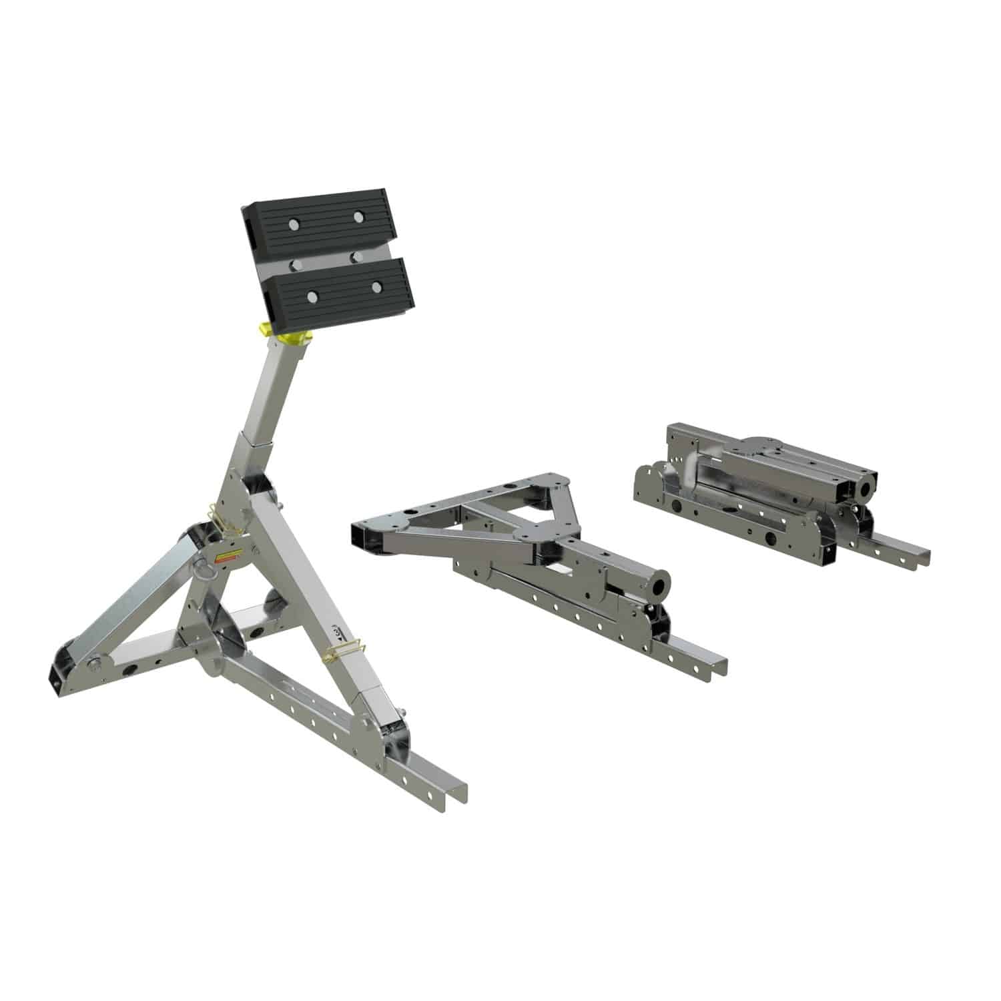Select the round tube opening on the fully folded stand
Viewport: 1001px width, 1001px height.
click(x=867, y=488)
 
